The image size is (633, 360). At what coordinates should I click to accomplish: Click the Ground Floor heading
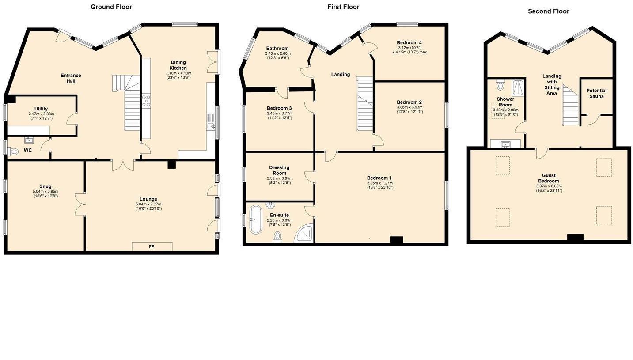coord(111,7)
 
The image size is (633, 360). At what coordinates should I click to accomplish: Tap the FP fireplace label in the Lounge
coord(152,246)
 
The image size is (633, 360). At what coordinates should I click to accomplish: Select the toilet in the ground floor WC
coord(13,152)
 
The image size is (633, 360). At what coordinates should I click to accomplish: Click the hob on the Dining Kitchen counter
coord(146,101)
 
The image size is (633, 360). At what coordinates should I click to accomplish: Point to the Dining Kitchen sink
coord(211,126)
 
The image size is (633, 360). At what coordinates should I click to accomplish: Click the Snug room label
coord(45,186)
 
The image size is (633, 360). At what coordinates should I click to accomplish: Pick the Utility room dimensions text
coord(42,116)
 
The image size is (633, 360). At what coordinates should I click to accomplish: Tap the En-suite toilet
coord(277,237)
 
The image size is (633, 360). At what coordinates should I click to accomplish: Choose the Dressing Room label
coord(279,170)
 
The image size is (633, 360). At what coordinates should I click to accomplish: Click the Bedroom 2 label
coord(409,102)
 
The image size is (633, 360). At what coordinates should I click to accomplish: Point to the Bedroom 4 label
coord(409,43)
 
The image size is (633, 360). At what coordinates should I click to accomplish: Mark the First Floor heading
coord(343,7)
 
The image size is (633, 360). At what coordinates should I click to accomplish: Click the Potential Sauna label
coord(596,93)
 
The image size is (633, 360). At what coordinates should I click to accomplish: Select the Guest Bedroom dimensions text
coord(549,189)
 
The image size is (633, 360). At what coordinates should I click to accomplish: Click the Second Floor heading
coord(548,11)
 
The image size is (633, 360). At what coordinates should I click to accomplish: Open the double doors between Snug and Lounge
coord(80,204)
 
